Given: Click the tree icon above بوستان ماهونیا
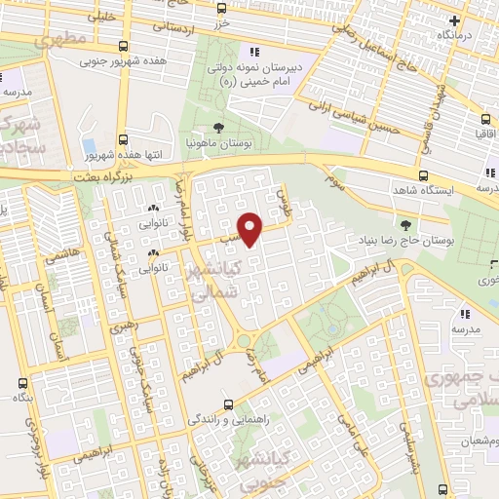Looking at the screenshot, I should coord(219,127).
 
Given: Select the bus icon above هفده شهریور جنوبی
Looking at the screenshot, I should coord(121,45).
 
